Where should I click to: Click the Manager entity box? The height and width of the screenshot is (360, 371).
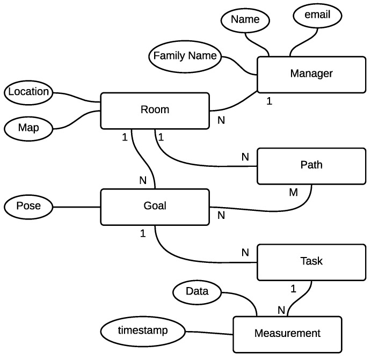[x=311, y=74]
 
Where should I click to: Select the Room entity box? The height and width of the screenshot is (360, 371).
[x=155, y=110]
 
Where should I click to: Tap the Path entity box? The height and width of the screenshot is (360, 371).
[x=311, y=165]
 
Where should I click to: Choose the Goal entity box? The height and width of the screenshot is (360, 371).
[x=155, y=206]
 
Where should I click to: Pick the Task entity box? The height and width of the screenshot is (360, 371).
[x=311, y=261]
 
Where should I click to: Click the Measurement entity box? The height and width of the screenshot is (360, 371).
[x=287, y=334]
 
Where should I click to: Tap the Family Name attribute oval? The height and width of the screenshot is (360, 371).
[x=185, y=56]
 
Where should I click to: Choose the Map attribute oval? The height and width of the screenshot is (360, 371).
[x=27, y=129]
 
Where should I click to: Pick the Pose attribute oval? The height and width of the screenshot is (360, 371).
[x=27, y=206]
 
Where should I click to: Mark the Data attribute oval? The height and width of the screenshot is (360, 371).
[x=197, y=292]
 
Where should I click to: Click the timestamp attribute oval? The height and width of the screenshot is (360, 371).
[x=142, y=331]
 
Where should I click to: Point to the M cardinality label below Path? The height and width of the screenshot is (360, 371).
[x=293, y=192]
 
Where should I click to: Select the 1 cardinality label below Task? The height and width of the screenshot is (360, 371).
[x=293, y=289]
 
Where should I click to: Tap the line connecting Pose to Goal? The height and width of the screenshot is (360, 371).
[x=76, y=207]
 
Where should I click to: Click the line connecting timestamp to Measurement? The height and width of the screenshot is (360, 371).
[x=208, y=333]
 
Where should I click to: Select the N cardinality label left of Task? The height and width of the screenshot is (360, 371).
[x=245, y=253]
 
